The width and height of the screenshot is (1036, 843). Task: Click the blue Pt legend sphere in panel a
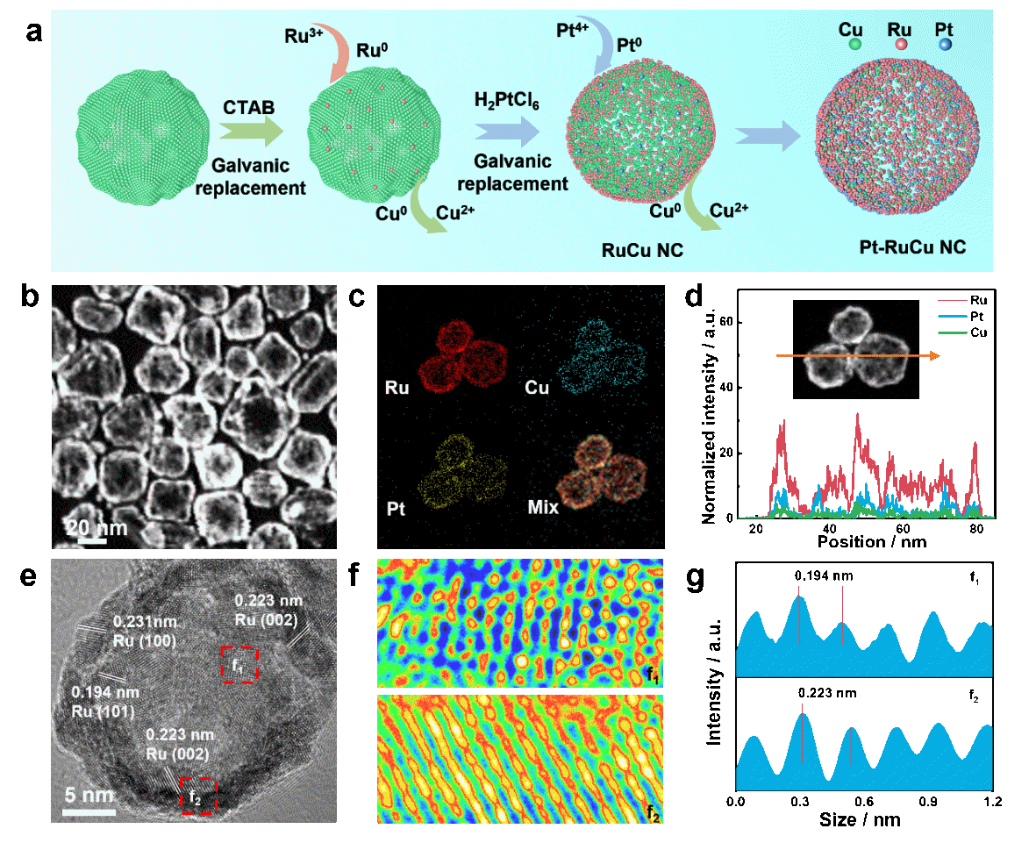tap(944, 42)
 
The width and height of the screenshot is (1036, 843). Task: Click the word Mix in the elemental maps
tap(543, 507)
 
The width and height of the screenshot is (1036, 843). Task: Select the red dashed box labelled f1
tap(239, 664)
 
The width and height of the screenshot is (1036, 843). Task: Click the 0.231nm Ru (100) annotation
tap(146, 632)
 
